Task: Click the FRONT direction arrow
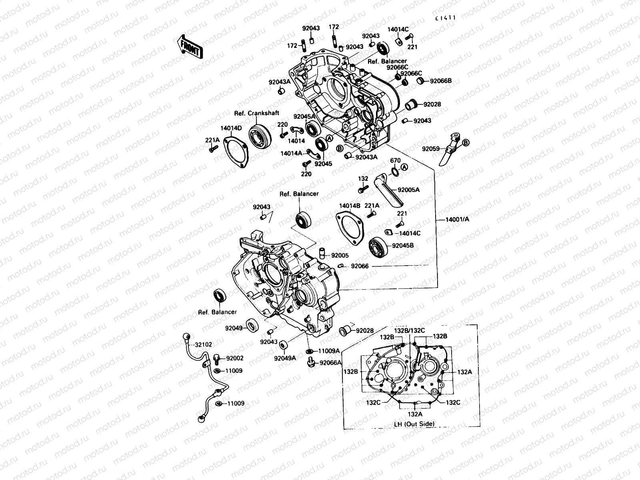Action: click(189, 47)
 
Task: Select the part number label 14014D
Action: click(231, 128)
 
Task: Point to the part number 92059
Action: click(430, 149)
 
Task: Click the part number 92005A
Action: click(408, 190)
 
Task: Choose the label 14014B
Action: click(350, 206)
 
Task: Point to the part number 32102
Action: click(204, 344)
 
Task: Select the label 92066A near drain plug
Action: click(330, 363)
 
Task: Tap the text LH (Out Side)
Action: click(414, 424)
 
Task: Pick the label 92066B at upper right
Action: click(441, 81)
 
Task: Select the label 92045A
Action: click(304, 117)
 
